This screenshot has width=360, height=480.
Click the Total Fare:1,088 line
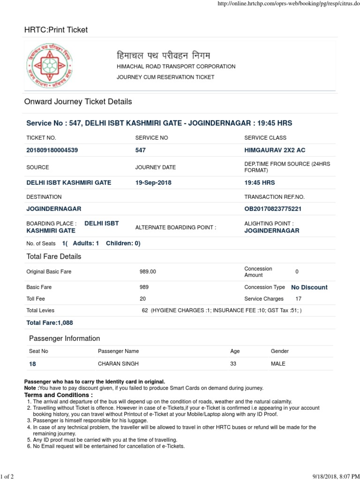[50, 323]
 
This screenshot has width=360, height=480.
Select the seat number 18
[32, 364]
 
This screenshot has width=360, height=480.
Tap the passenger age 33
[233, 364]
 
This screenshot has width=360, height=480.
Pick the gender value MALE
[278, 364]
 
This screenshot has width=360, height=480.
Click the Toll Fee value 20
[143, 299]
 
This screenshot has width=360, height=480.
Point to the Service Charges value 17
[299, 299]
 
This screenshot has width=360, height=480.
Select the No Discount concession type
[309, 287]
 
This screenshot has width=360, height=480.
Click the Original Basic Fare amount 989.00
[148, 272]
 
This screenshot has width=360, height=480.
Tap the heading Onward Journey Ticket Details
[78, 102]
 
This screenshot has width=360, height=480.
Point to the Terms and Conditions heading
[59, 395]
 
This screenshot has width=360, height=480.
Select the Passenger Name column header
[118, 351]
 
